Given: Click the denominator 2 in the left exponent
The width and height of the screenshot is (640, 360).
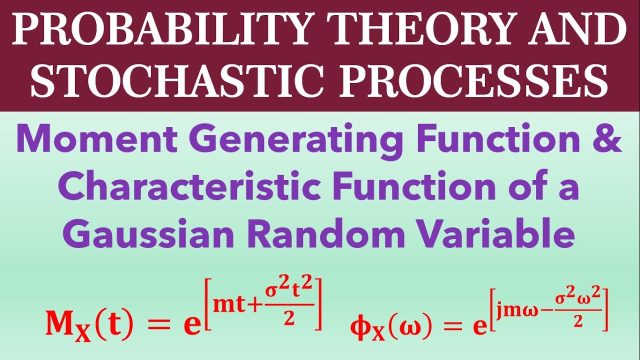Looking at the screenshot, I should (x=288, y=320).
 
